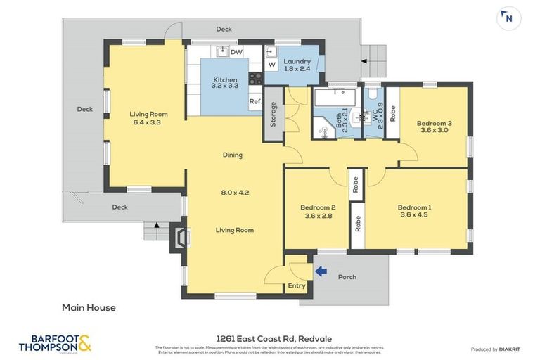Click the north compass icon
pos(508,18)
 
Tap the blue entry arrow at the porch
pos(321,271)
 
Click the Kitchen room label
pos(224,81)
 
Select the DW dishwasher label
pos(236,51)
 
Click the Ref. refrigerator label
pos(255,102)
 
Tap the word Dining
pos(233,155)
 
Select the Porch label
pos(347,277)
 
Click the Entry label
pos(297,285)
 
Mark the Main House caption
pos(89,307)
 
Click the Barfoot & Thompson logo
pos(55,343)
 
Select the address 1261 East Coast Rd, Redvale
pos(269,338)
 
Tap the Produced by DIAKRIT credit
pos(499,349)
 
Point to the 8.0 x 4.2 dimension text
pos(235,192)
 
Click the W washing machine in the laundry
pos(271,65)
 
